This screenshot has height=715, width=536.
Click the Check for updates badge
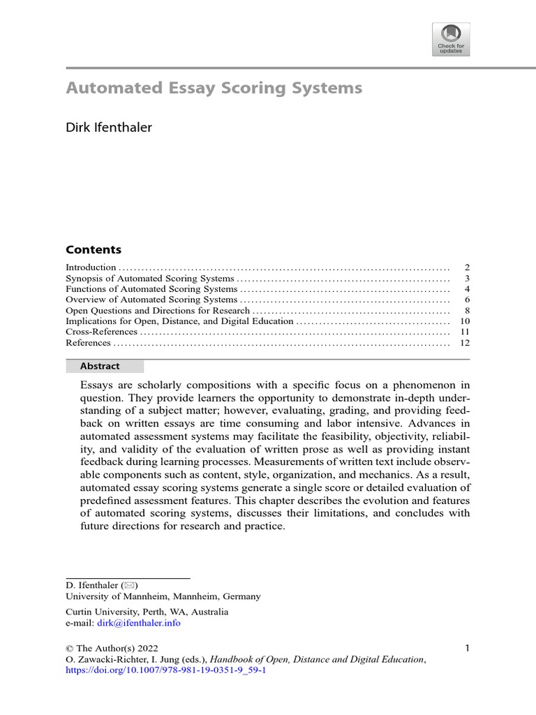click(451, 39)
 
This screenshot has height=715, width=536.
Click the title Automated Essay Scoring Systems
click(214, 89)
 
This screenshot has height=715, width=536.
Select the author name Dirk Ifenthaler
click(108, 127)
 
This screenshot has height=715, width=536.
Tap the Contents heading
click(93, 250)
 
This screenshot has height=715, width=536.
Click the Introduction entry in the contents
click(91, 267)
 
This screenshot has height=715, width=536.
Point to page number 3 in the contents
click(467, 278)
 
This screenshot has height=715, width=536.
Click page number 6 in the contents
click(467, 300)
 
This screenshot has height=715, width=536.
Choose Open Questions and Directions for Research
click(157, 311)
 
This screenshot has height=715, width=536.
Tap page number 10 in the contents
click(465, 321)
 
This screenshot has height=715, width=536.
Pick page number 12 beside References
click(465, 343)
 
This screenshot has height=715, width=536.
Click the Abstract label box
click(105, 366)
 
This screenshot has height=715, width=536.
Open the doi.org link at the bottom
click(165, 670)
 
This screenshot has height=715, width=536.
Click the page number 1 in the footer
click(467, 648)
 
